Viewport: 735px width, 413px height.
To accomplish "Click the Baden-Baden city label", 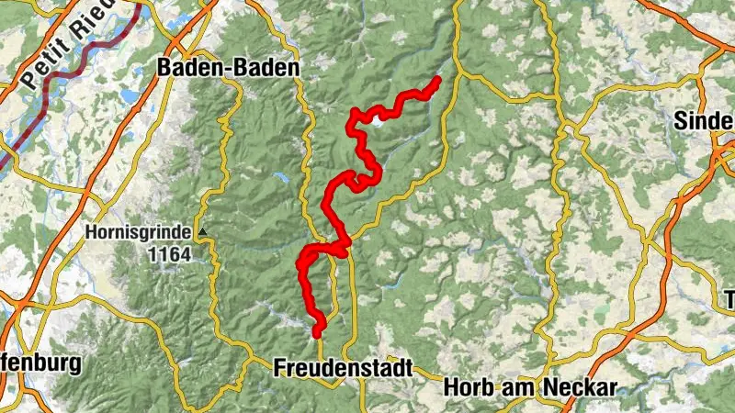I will [x=229, y=67].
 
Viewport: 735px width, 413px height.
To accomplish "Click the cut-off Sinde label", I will [x=704, y=120].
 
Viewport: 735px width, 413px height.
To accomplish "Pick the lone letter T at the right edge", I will [x=728, y=299].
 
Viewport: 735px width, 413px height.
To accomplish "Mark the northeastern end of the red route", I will [x=436, y=81].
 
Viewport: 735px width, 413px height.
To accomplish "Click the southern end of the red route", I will [x=318, y=332].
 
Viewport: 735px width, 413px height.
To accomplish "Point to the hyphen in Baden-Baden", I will [x=229, y=68].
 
